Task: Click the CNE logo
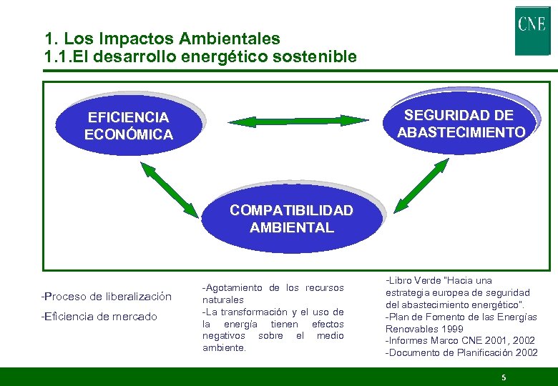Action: [532, 31]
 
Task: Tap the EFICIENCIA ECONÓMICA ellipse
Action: [128, 126]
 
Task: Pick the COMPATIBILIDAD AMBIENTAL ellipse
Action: [291, 219]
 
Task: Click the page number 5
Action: [504, 377]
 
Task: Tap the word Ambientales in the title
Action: [225, 39]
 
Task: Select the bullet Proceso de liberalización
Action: [107, 296]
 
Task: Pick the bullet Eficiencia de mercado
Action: [99, 316]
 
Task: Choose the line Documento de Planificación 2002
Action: [461, 353]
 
